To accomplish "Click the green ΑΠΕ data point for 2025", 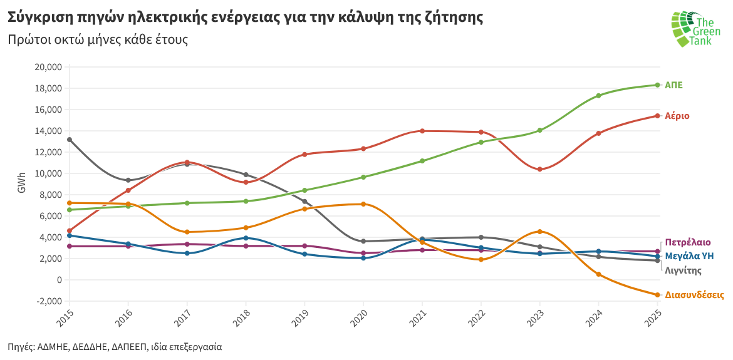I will tap(658, 85).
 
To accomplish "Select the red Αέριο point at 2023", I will tap(539, 169).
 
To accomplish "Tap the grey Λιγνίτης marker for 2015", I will tap(69, 140).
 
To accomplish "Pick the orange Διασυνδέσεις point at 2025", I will tap(658, 295).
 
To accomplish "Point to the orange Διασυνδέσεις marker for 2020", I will tap(363, 204).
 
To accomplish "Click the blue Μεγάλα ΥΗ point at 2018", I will tap(246, 238).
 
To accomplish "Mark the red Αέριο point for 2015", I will tap(69, 231).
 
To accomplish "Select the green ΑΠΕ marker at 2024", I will tap(599, 96).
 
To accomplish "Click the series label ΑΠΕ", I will tap(673, 85).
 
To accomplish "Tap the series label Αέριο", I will tap(677, 116).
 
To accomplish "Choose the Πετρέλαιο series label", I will tap(688, 242).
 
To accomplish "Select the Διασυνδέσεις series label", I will tap(695, 295).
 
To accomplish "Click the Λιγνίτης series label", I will tap(683, 270).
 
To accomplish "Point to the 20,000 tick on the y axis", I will tap(48, 67).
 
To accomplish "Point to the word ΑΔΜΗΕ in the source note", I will tap(53, 346).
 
